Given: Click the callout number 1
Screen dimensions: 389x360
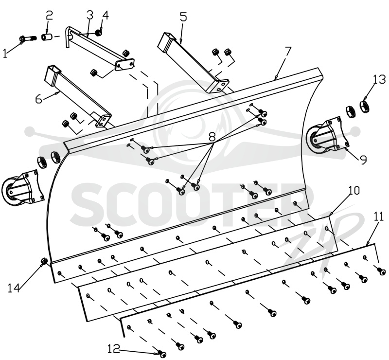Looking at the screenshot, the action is coord(5,53).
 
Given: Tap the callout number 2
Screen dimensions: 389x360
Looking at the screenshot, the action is coord(49,16).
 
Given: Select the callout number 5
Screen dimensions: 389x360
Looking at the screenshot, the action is coord(183,17).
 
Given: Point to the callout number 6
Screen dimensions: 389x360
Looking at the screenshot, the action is coord(39,99).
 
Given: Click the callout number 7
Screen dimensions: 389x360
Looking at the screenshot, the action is coord(287,52).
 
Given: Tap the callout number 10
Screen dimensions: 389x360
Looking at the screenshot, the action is coord(354,191).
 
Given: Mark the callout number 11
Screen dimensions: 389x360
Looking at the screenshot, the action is coord(379,216).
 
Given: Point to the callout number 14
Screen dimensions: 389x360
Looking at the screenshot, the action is coord(14,288).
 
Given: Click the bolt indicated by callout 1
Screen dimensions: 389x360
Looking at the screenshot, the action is coord(28,38).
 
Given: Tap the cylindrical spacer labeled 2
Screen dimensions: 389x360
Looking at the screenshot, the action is coord(47,38).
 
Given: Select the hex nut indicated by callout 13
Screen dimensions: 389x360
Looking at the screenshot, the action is coord(364,106).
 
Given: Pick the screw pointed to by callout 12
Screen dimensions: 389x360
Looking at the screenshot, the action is coord(162,354).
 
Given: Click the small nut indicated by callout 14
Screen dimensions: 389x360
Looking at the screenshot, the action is coord(44,260).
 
